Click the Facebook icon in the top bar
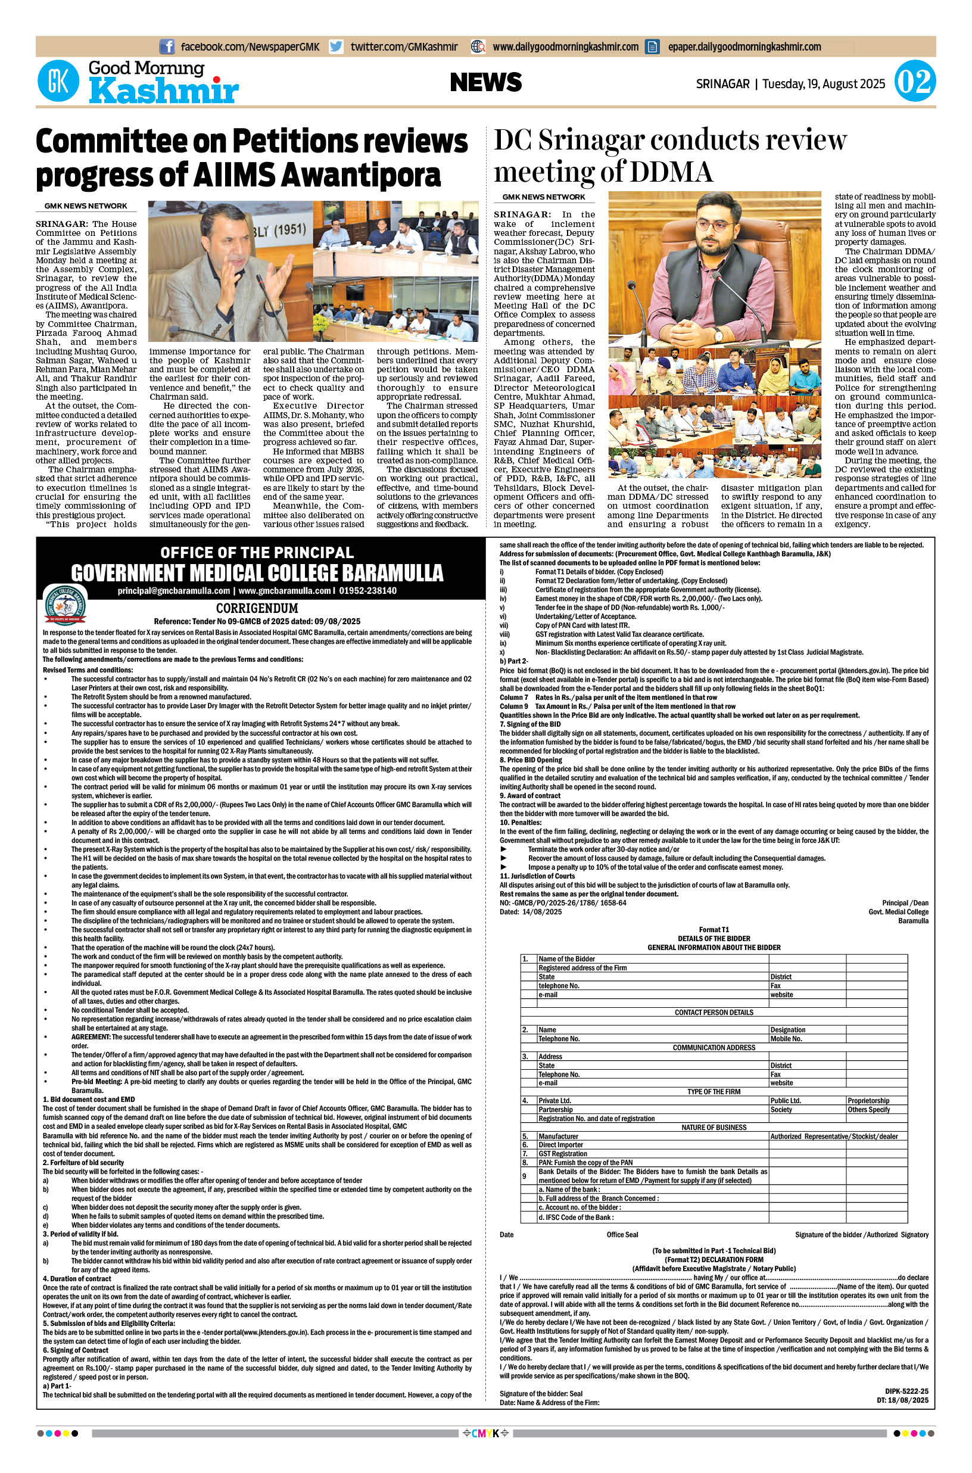tap(166, 46)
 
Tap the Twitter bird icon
tap(336, 46)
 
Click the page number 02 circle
tap(915, 81)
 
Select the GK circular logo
tap(59, 81)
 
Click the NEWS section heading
tap(485, 82)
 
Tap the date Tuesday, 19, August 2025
tap(823, 84)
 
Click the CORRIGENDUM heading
tap(257, 608)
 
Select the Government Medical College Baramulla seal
tap(66, 605)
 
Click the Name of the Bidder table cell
tap(566, 958)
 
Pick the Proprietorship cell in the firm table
tap(868, 1100)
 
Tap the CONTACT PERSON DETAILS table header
tap(714, 1013)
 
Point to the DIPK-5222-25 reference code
tap(906, 1391)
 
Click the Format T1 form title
tap(714, 929)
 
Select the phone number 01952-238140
tap(367, 591)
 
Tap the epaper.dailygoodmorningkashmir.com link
tap(744, 46)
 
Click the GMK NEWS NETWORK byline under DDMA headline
tap(544, 197)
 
